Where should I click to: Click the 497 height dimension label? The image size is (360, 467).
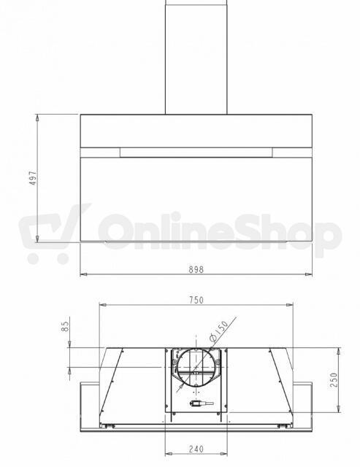34,178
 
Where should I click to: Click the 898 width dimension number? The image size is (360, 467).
196,269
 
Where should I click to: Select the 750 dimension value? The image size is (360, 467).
196,300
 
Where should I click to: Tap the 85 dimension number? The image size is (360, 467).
66,326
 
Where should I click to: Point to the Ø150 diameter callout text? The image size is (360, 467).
218,331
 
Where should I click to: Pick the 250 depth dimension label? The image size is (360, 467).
334,379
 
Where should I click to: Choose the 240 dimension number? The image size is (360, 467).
196,449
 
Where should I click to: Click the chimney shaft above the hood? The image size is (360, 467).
196,57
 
